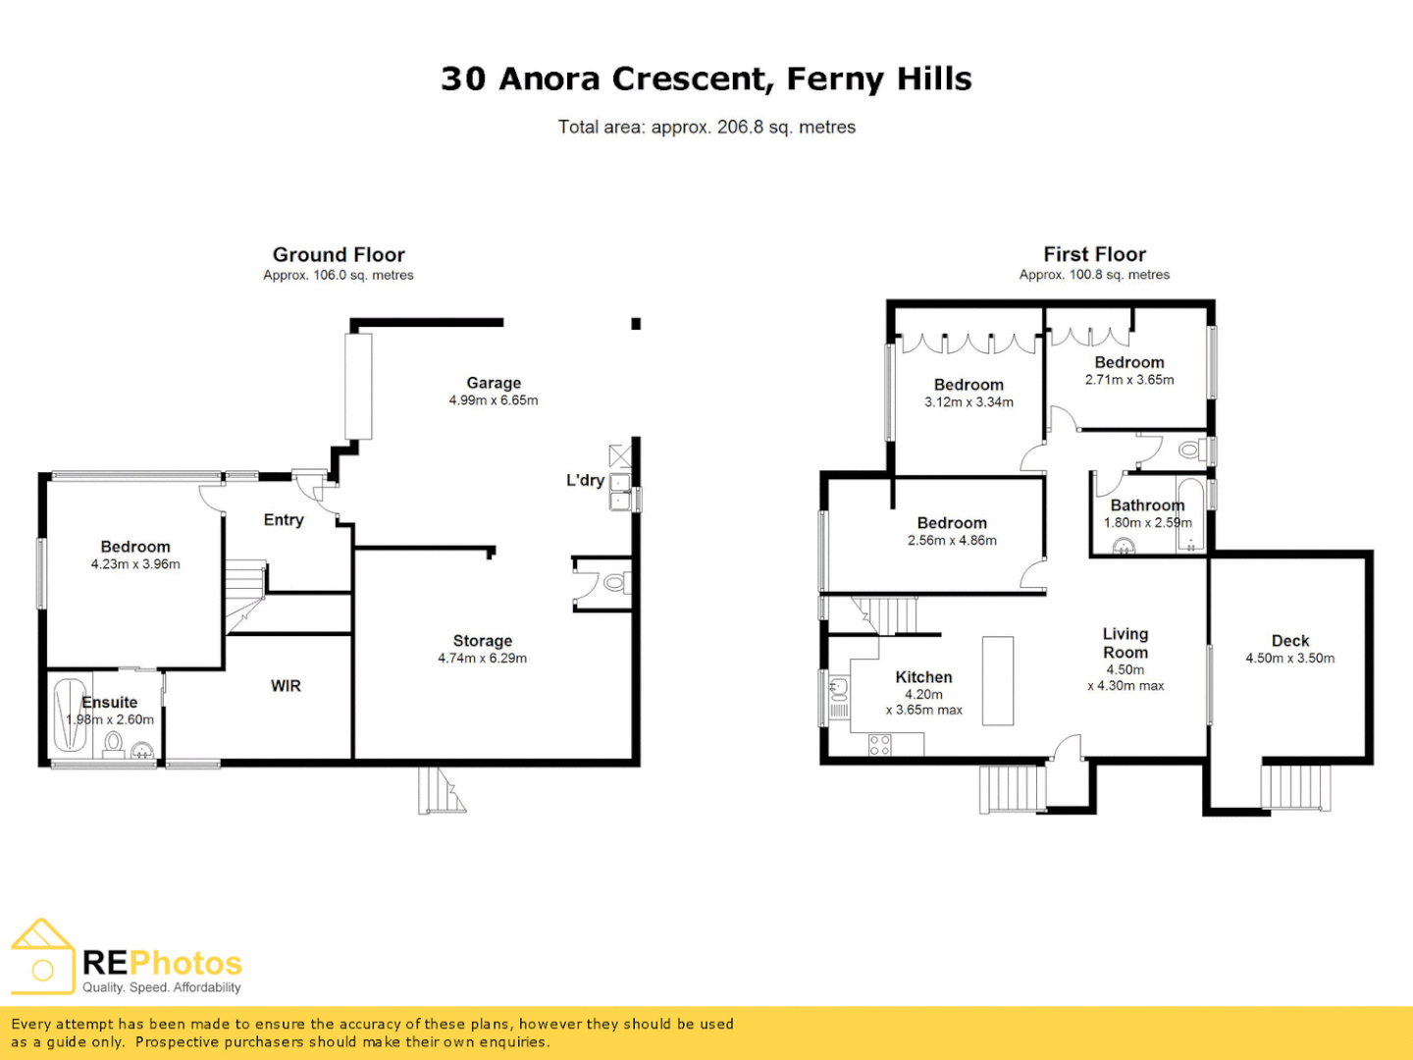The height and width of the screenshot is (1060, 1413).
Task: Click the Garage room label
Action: point(494,383)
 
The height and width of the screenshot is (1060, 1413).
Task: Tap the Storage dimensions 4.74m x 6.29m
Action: point(482,659)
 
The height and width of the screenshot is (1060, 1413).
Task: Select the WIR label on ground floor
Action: point(286,686)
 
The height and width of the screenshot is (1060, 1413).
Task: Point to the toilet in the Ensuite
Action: point(114,742)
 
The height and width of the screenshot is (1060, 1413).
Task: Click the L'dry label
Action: point(585,480)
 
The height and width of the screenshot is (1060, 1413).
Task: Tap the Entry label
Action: point(284,520)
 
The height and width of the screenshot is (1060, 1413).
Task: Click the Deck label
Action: point(1290,641)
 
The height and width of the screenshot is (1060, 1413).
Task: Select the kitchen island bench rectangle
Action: point(997,680)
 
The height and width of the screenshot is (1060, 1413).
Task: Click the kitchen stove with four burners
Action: point(880,745)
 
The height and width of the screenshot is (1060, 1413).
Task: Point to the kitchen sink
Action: point(839,686)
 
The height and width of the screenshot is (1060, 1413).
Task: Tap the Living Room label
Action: point(1125,643)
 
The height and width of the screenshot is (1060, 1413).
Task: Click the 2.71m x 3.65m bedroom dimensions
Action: point(1129,380)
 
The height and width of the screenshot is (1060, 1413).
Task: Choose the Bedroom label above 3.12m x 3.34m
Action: point(968,385)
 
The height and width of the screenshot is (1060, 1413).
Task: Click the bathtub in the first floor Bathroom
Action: point(1190,515)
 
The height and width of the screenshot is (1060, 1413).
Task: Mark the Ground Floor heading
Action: point(339,254)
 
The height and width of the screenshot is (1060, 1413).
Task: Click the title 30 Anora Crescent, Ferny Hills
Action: point(706,79)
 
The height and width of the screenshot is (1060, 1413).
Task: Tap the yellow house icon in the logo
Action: point(42,956)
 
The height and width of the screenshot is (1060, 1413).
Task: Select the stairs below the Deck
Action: point(1296,787)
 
